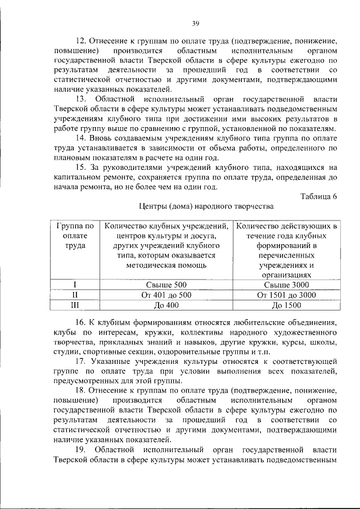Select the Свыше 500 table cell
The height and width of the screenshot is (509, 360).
pyautogui.click(x=165, y=285)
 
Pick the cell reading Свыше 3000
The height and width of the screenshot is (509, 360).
pyautogui.click(x=286, y=285)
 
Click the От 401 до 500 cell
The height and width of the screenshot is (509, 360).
pyautogui.click(x=165, y=295)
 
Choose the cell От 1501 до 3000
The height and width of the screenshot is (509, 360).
pyautogui.click(x=286, y=295)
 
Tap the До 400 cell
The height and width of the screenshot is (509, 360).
pyautogui.click(x=165, y=305)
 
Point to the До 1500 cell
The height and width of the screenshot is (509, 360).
pyautogui.click(x=286, y=305)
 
